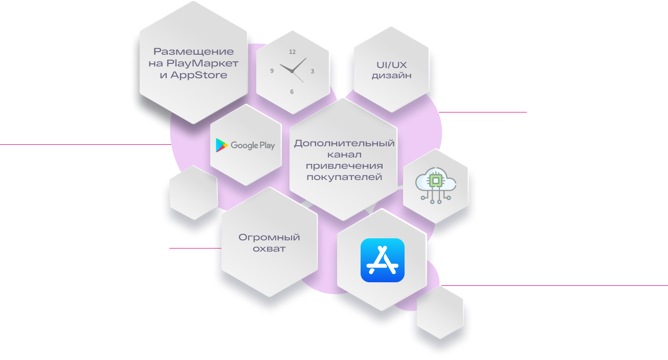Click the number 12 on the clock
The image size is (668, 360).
click(x=292, y=52)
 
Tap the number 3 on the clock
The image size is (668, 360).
click(x=312, y=71)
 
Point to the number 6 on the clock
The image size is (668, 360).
click(x=292, y=92)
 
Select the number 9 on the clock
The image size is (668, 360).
click(x=272, y=71)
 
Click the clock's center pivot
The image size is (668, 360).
click(x=292, y=72)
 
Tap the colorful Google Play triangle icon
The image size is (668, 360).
click(x=222, y=145)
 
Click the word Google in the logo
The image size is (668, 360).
click(x=244, y=146)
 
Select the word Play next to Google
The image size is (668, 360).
click(x=267, y=146)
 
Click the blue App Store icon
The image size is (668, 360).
click(x=383, y=260)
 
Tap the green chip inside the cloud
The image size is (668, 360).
click(x=436, y=181)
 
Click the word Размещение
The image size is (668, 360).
click(x=193, y=52)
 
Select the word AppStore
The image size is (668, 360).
click(x=199, y=75)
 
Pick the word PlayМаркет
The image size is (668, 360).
click(x=203, y=63)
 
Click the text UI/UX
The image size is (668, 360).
click(x=392, y=65)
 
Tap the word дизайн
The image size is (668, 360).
click(x=392, y=76)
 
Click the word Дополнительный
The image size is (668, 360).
click(x=344, y=144)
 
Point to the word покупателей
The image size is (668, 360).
click(x=344, y=177)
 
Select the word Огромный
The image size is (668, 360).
click(x=269, y=237)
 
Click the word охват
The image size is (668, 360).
click(x=269, y=249)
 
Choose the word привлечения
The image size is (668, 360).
click(x=344, y=166)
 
